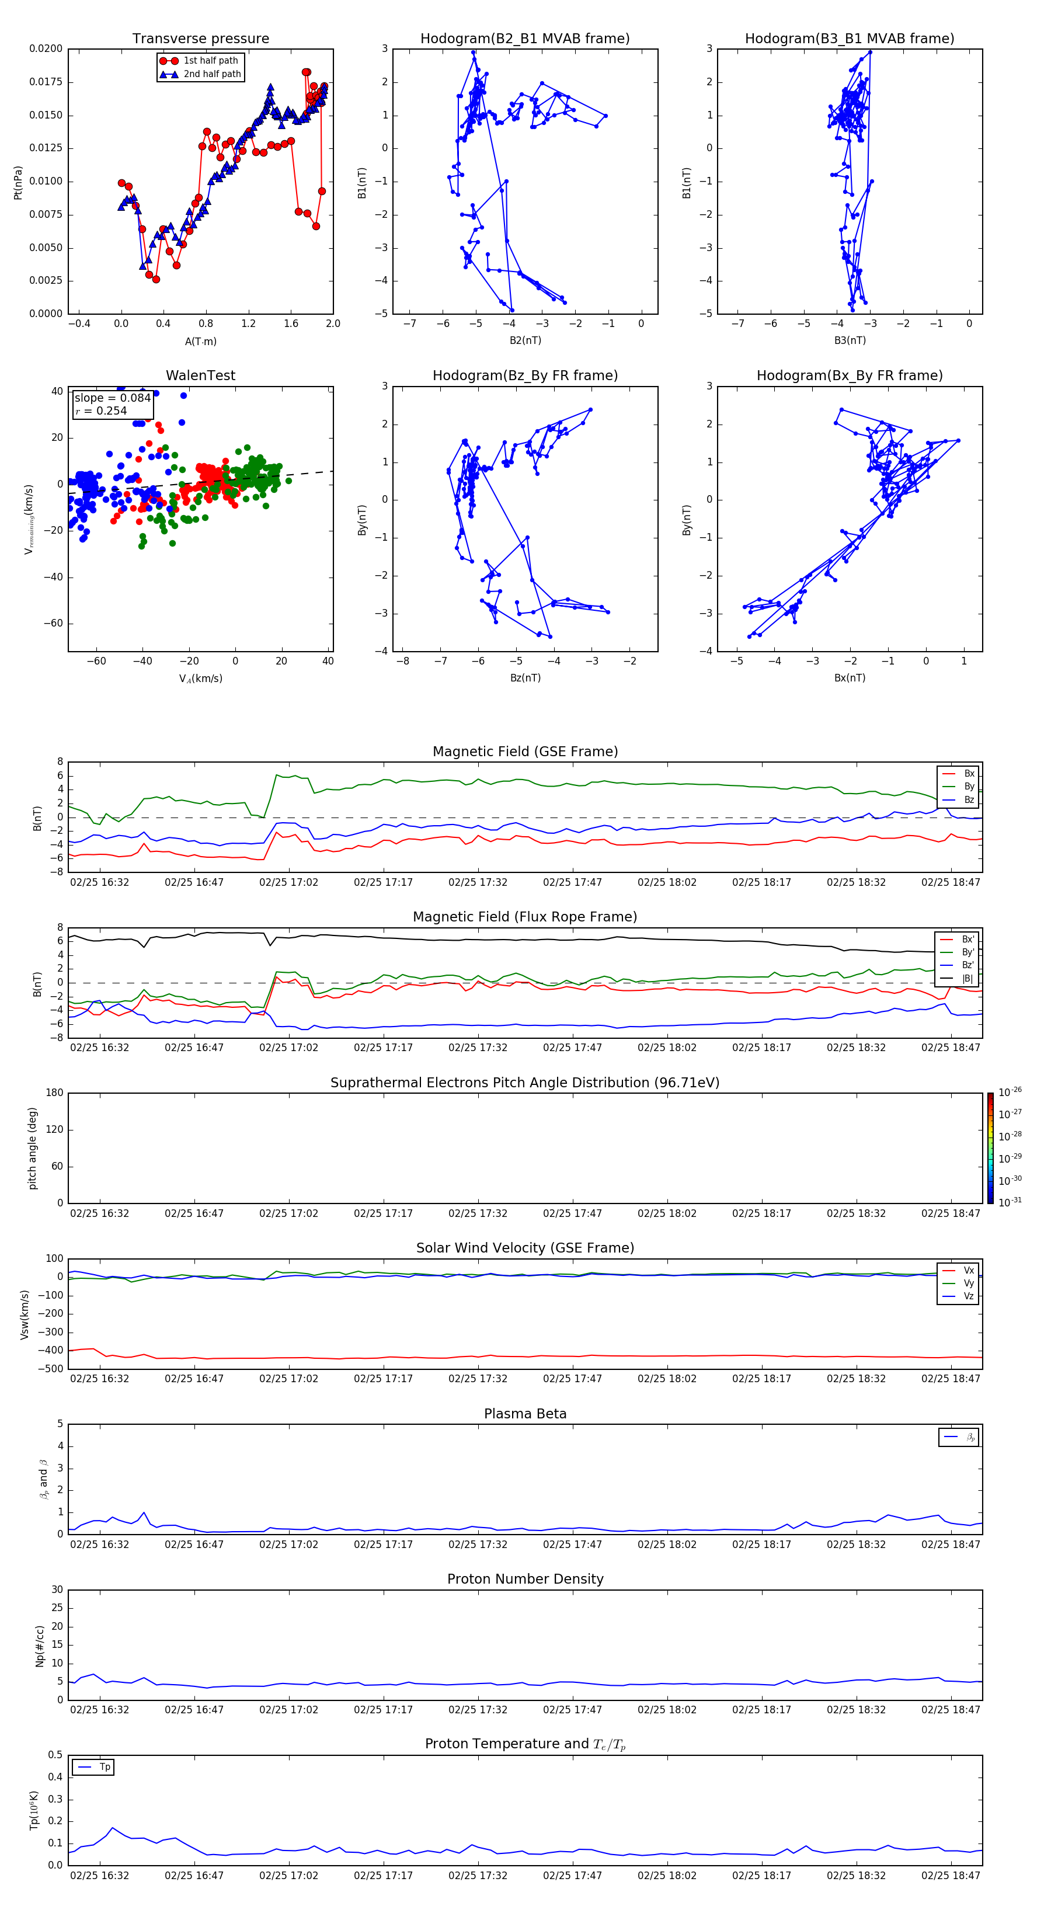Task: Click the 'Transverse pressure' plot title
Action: click(x=200, y=39)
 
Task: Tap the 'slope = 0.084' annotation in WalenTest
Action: click(x=112, y=398)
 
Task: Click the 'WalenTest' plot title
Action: click(x=200, y=375)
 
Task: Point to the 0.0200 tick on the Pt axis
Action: click(x=46, y=48)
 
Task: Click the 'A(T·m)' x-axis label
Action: click(x=200, y=342)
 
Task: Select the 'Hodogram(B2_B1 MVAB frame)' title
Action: click(x=524, y=39)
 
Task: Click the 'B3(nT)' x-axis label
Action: click(x=850, y=340)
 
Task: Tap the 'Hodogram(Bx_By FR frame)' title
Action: click(x=849, y=375)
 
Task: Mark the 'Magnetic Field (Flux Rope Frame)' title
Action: click(x=524, y=917)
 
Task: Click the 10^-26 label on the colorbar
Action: click(x=1010, y=1092)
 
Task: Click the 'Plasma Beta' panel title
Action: click(x=524, y=1414)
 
